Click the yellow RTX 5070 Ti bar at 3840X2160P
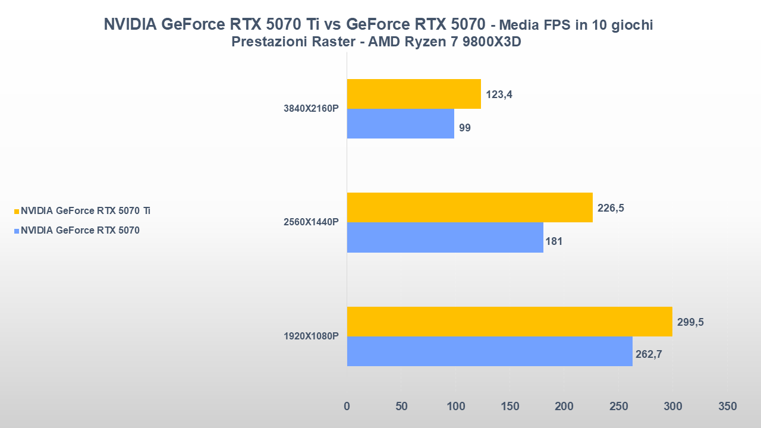click(414, 94)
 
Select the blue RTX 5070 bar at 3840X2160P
click(400, 124)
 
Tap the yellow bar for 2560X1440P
click(470, 207)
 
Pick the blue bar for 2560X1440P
click(445, 237)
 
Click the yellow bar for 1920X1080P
click(510, 322)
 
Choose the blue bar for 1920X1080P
click(489, 351)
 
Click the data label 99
click(465, 128)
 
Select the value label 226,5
click(611, 208)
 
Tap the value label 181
click(554, 241)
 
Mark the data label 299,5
click(690, 322)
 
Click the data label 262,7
click(650, 355)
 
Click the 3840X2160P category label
click(311, 109)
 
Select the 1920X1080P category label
click(311, 336)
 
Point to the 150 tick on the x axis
click(510, 407)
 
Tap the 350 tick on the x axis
click(727, 407)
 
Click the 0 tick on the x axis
click(347, 407)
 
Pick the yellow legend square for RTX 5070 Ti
click(17, 211)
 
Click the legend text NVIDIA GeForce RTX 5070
click(80, 231)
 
